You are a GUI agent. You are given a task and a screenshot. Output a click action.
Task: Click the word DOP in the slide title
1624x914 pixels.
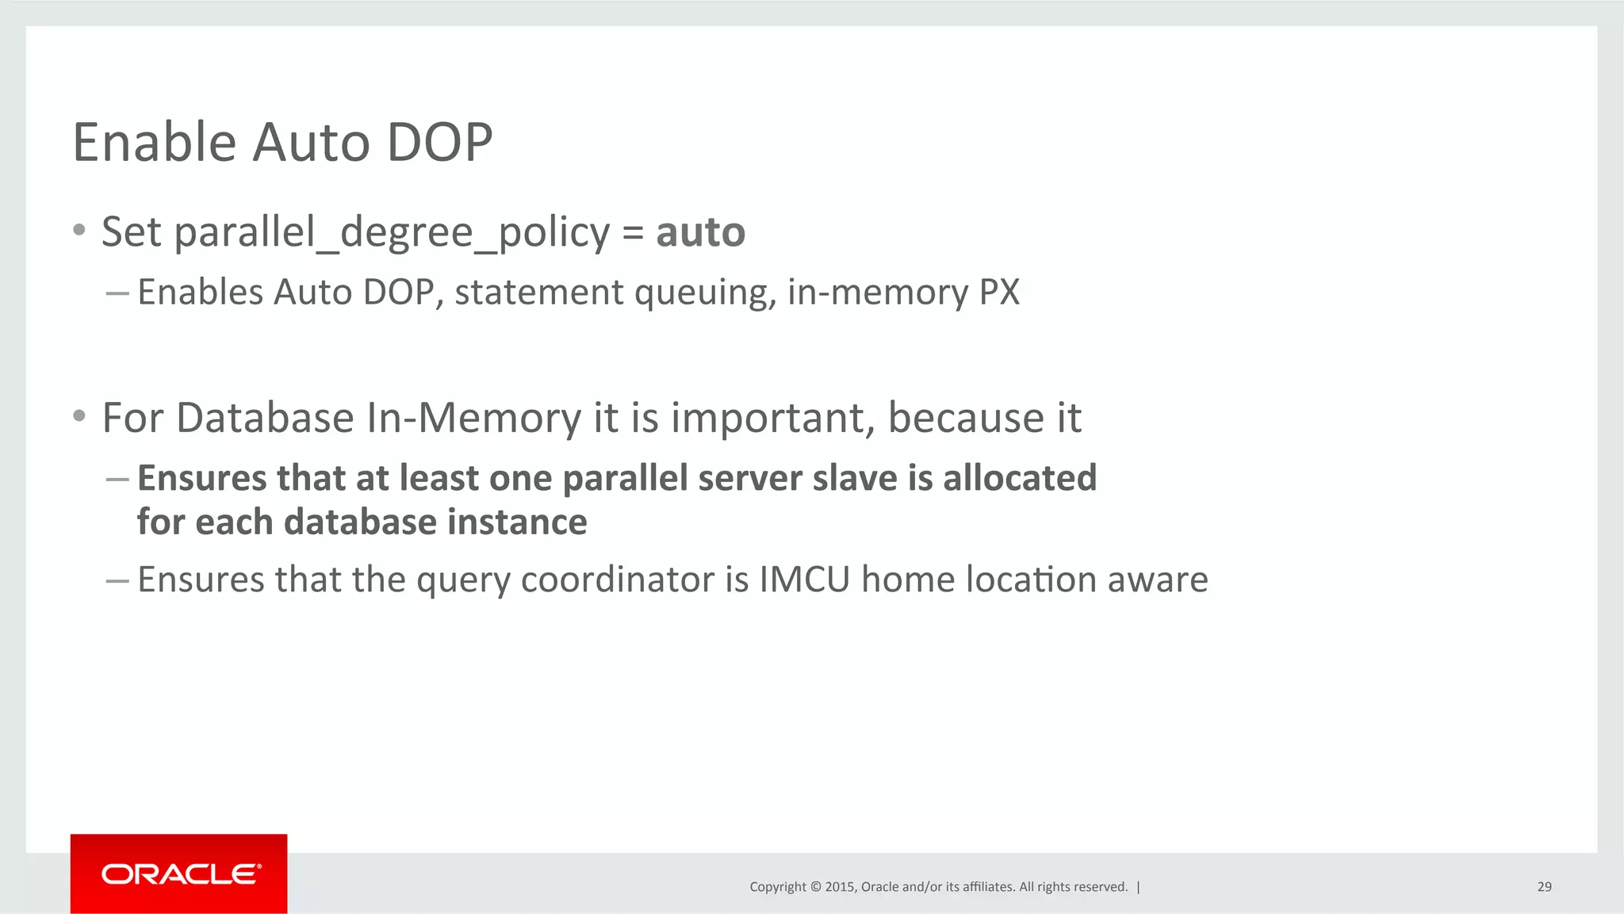pyautogui.click(x=439, y=143)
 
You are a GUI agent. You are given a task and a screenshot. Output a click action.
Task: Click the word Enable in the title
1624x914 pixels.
pyautogui.click(x=155, y=143)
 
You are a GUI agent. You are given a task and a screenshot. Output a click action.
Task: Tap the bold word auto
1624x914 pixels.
pyautogui.click(x=700, y=232)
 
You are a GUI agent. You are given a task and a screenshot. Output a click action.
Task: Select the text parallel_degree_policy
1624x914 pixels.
pyautogui.click(x=392, y=234)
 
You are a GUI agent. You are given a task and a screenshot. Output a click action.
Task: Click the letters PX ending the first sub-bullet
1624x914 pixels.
pyautogui.click(x=999, y=292)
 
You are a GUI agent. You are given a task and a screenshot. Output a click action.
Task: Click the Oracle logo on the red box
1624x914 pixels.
pyautogui.click(x=180, y=874)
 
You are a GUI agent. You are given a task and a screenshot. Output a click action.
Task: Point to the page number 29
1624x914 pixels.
pyautogui.click(x=1544, y=887)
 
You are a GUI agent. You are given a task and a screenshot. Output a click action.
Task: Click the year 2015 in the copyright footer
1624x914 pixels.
pyautogui.click(x=839, y=887)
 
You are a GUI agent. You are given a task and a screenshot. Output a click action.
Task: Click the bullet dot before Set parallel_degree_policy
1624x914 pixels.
pyautogui.click(x=79, y=231)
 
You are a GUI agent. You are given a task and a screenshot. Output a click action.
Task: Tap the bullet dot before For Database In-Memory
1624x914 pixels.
pyautogui.click(x=79, y=416)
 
